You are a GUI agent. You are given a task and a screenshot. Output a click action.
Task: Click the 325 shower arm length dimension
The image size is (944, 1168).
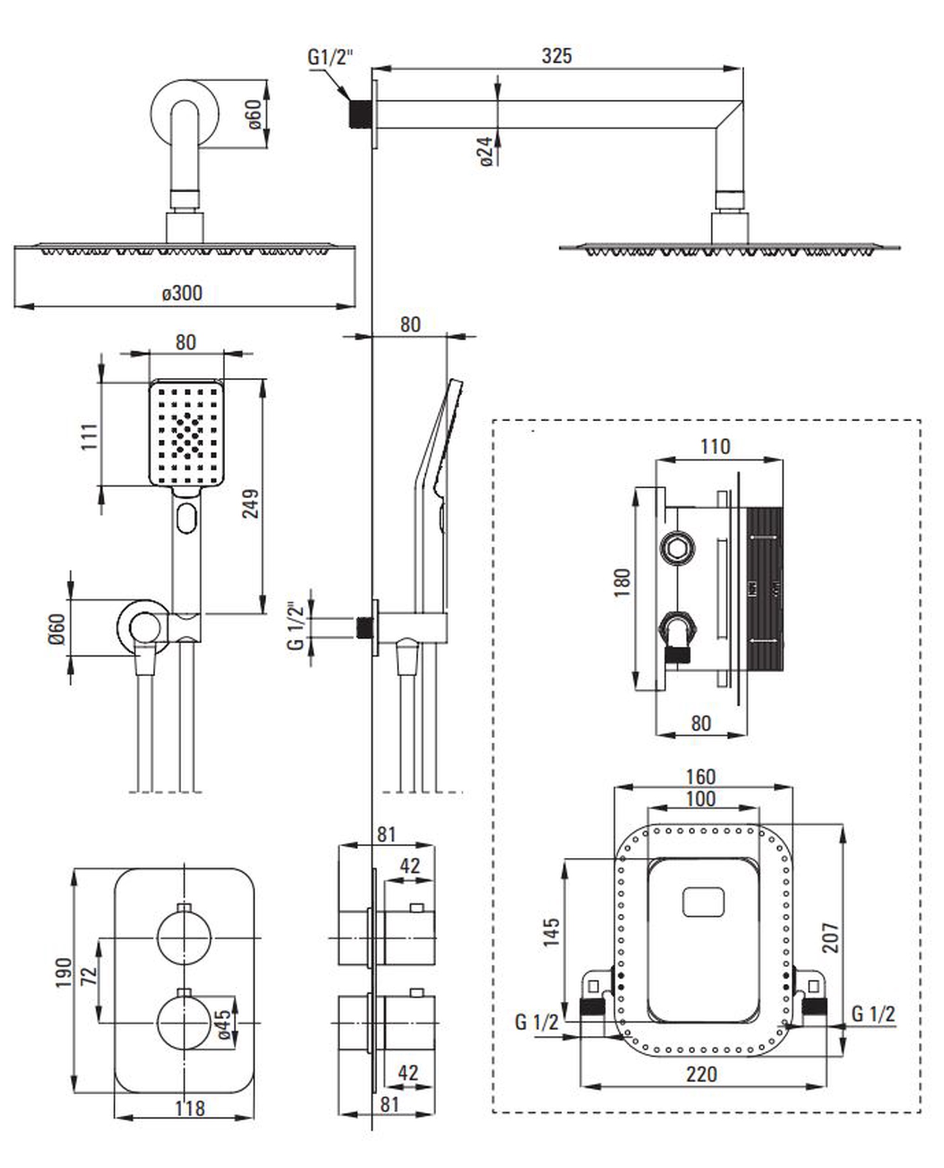point(556,55)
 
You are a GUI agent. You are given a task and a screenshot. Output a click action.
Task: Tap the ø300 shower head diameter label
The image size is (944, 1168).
point(182,293)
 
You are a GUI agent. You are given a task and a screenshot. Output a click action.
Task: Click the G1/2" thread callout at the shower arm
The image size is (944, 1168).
point(330,57)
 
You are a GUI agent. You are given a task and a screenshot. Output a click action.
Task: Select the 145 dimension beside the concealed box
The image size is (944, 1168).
point(551,931)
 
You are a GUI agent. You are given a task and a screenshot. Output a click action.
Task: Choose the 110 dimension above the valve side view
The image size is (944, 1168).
point(715,447)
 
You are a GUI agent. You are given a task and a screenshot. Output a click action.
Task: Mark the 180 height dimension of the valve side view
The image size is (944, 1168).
point(622,583)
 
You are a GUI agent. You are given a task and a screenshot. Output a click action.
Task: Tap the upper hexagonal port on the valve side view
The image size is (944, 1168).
point(676,547)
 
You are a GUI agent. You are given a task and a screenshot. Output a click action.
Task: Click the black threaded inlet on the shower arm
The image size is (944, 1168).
point(358,114)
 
